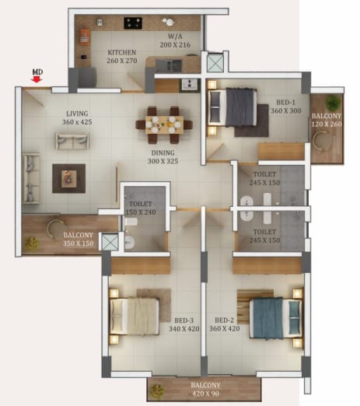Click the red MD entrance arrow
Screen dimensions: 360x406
pyautogui.click(x=37, y=80)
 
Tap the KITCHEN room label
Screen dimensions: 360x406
pyautogui.click(x=121, y=52)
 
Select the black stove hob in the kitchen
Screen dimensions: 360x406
pyautogui.click(x=133, y=23)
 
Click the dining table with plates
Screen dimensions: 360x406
pyautogui.click(x=164, y=124)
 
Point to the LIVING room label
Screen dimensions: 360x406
pyautogui.click(x=77, y=114)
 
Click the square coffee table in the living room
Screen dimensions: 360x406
pyautogui.click(x=69, y=178)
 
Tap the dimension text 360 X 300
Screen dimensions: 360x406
pyautogui.click(x=286, y=110)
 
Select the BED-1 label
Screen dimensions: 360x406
pyautogui.click(x=285, y=103)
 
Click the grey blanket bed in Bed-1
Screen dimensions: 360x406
pyautogui.click(x=232, y=107)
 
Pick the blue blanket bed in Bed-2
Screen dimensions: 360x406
pyautogui.click(x=276, y=318)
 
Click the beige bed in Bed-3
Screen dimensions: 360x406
pyautogui.click(x=135, y=317)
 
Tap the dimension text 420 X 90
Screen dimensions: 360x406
pyautogui.click(x=205, y=394)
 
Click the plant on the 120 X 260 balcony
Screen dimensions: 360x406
pyautogui.click(x=333, y=103)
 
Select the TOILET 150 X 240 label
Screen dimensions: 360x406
pyautogui.click(x=141, y=208)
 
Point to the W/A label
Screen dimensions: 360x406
pyautogui.click(x=175, y=37)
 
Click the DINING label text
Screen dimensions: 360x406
pyautogui.click(x=163, y=152)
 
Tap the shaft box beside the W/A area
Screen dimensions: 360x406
pyautogui.click(x=215, y=62)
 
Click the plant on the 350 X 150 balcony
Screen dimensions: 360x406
pyautogui.click(x=31, y=243)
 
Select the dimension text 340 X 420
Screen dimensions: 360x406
pyautogui.click(x=184, y=329)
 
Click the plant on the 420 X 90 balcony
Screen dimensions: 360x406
pyautogui.click(x=157, y=391)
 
